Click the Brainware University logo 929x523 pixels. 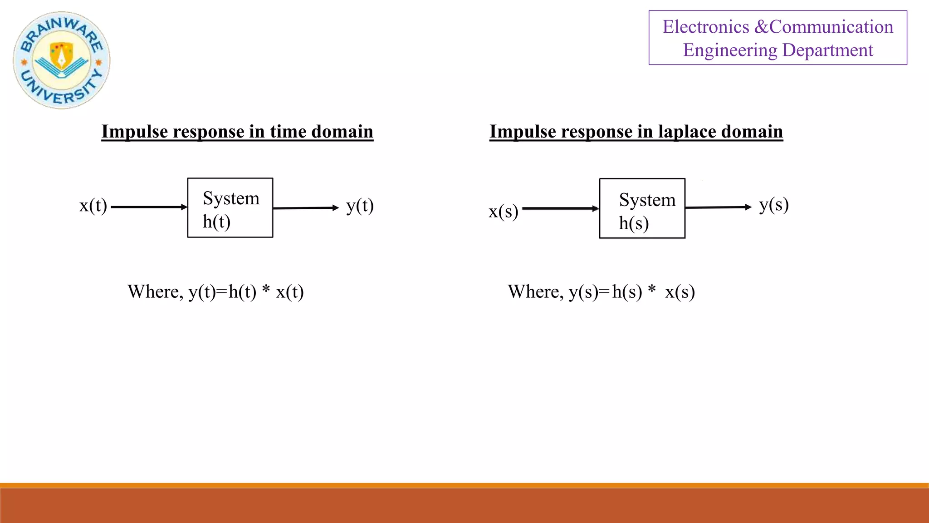[x=62, y=60]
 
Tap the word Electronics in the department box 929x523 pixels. [x=705, y=27]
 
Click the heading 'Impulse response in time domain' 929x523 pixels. [x=237, y=132]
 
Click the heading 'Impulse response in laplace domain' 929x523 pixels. [x=636, y=132]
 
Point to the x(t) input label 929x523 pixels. [x=93, y=206]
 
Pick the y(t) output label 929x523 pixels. [x=360, y=206]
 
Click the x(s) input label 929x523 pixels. [x=503, y=212]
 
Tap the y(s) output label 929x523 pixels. [x=774, y=205]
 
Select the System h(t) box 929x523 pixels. [x=230, y=208]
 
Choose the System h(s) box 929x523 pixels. [x=642, y=208]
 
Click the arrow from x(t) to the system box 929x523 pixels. [x=149, y=207]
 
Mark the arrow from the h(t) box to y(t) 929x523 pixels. [x=306, y=208]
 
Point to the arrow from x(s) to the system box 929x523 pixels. [x=560, y=208]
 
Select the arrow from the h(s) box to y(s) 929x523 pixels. [x=718, y=207]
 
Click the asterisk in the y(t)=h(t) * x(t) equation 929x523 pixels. [x=266, y=289]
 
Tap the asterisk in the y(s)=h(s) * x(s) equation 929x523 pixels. [x=652, y=289]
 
